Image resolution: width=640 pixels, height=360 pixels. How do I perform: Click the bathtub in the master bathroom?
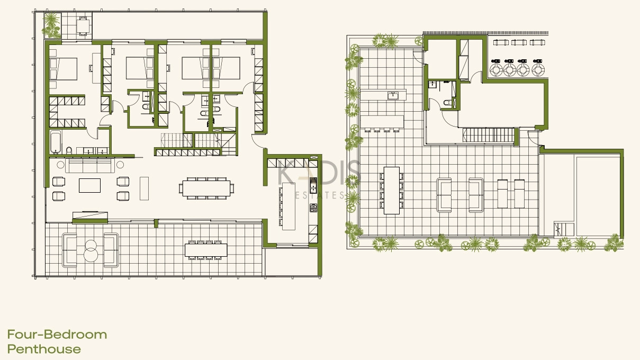point(56,142)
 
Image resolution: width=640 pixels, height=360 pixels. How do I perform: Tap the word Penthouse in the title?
point(44,349)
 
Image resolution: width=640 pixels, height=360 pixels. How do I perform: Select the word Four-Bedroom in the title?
point(57,334)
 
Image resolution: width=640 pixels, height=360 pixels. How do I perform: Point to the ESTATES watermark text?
point(319,195)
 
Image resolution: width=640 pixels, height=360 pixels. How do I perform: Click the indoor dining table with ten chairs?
point(206,188)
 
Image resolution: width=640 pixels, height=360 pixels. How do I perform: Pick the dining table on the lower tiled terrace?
point(206,250)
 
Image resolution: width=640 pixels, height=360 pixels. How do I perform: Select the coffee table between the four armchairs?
point(89,185)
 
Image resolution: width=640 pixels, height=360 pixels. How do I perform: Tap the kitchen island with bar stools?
point(289,206)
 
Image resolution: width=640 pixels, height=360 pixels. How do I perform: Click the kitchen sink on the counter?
point(313,185)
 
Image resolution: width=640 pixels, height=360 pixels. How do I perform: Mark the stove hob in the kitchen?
point(313,208)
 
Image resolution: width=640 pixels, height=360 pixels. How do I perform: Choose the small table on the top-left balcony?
point(83,26)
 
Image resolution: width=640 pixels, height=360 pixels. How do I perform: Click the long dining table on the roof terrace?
point(391,191)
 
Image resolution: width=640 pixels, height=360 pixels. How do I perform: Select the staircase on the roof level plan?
point(488,135)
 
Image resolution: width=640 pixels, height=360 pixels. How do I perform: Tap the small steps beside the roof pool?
point(564,229)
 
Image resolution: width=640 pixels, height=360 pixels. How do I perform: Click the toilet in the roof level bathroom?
point(447,102)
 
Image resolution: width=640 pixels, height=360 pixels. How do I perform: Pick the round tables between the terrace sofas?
point(91,250)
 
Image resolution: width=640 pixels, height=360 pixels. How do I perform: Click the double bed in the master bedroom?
point(64,69)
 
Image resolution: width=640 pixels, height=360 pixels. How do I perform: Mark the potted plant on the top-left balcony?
point(51,25)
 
